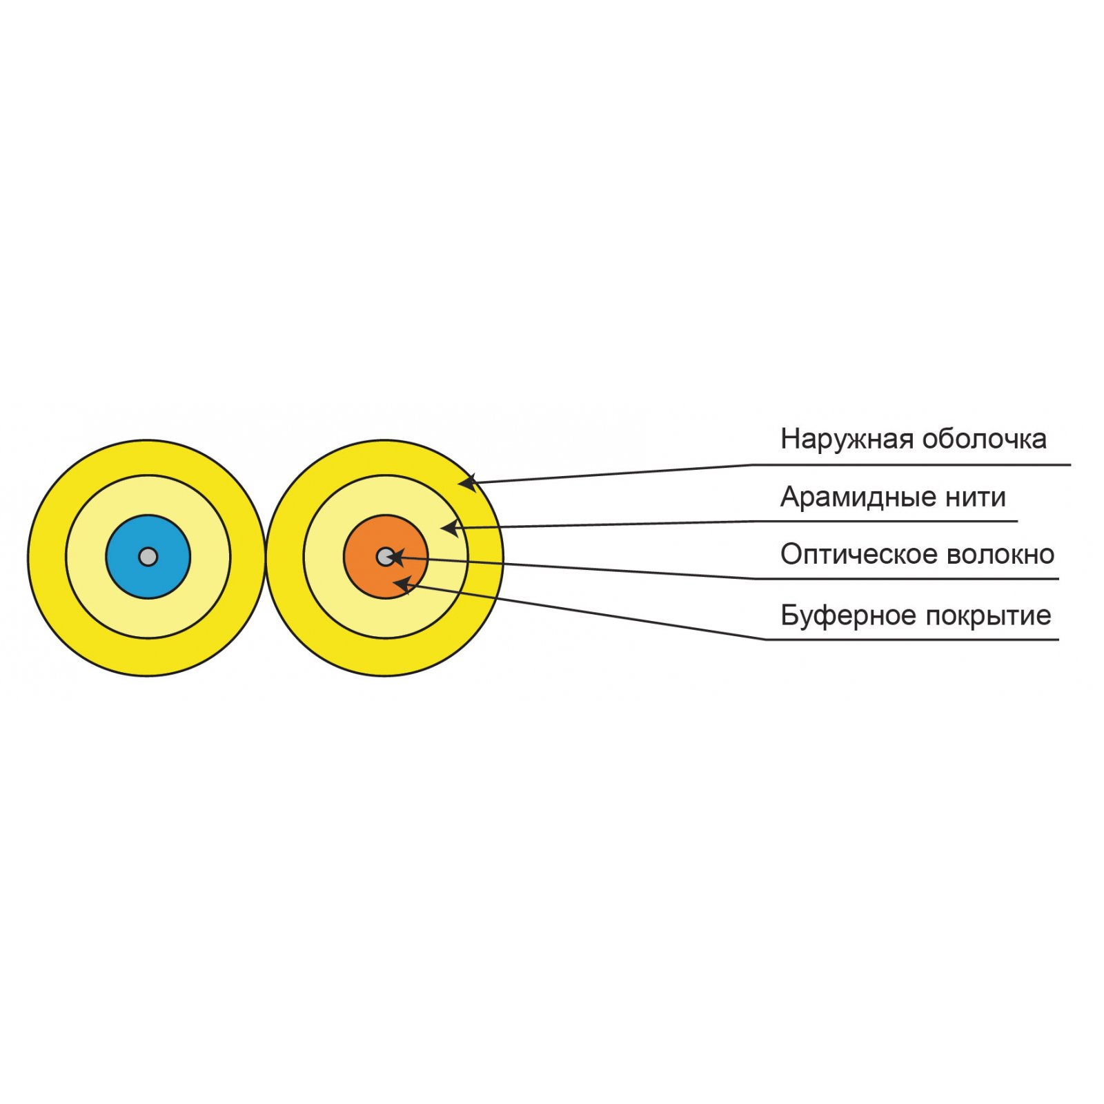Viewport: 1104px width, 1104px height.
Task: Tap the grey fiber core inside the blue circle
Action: [148, 556]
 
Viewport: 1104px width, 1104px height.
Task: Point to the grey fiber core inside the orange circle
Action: [385, 556]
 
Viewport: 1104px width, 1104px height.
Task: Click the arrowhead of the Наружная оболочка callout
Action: [467, 482]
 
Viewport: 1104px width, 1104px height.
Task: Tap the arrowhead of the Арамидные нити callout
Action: [449, 529]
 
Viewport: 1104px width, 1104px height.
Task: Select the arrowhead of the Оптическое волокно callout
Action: [396, 556]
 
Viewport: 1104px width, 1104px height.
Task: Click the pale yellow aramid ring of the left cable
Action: [148, 494]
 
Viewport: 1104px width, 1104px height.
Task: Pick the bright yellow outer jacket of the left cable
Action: [148, 457]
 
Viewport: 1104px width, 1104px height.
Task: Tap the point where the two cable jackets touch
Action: [266, 557]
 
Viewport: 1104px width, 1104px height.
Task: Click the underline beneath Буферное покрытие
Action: [912, 640]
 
